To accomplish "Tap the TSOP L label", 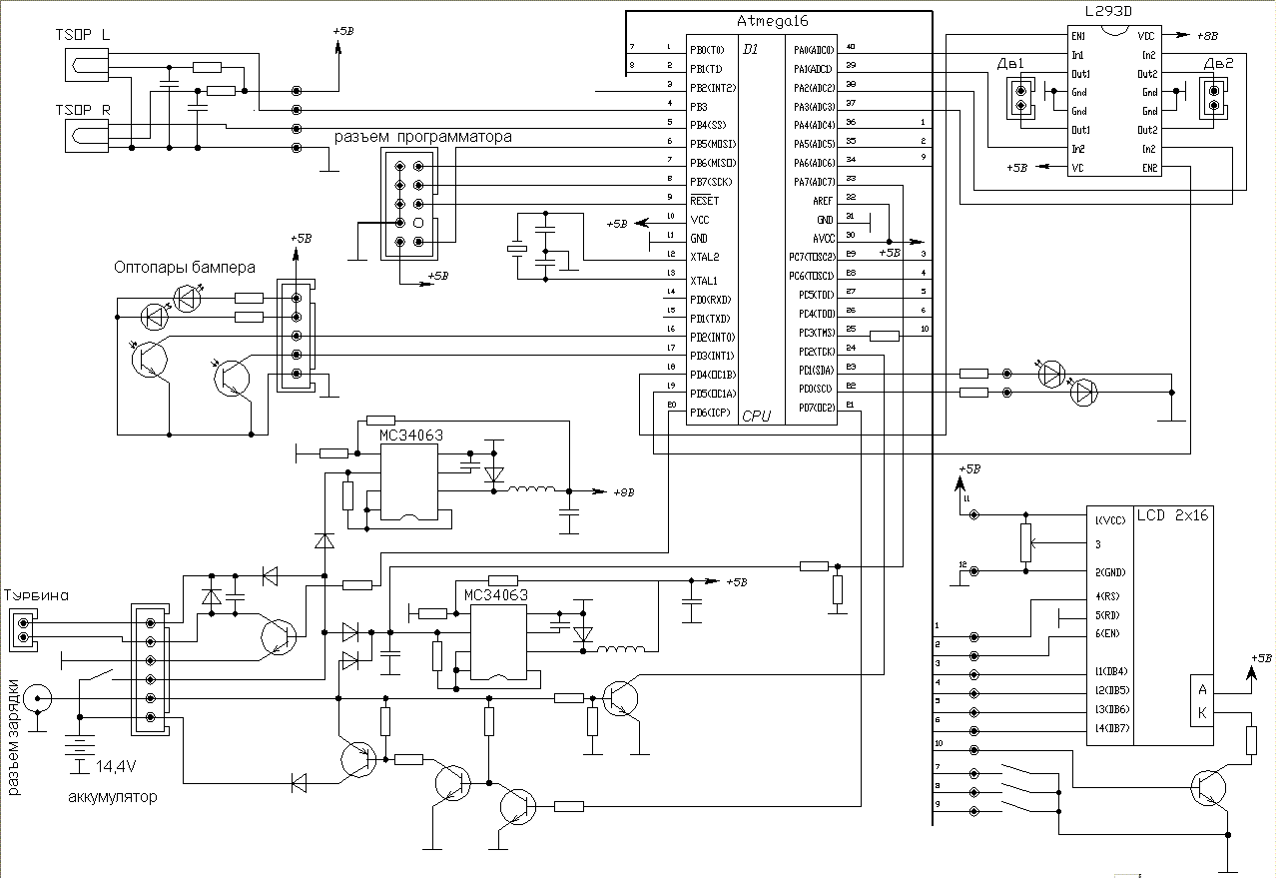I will pos(83,34).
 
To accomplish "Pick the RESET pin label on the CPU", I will pos(704,201).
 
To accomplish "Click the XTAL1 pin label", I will pos(704,281).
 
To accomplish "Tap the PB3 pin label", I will pos(698,105).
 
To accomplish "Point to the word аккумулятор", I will pos(112,797).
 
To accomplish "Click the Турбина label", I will pos(37,595).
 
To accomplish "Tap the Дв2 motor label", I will pos(1218,64).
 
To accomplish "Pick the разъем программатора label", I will pos(422,136).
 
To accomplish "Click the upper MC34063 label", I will pos(410,436).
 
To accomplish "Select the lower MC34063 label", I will pos(495,594).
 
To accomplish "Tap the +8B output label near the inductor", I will pos(621,492).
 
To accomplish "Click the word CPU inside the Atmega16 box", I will pos(757,417).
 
